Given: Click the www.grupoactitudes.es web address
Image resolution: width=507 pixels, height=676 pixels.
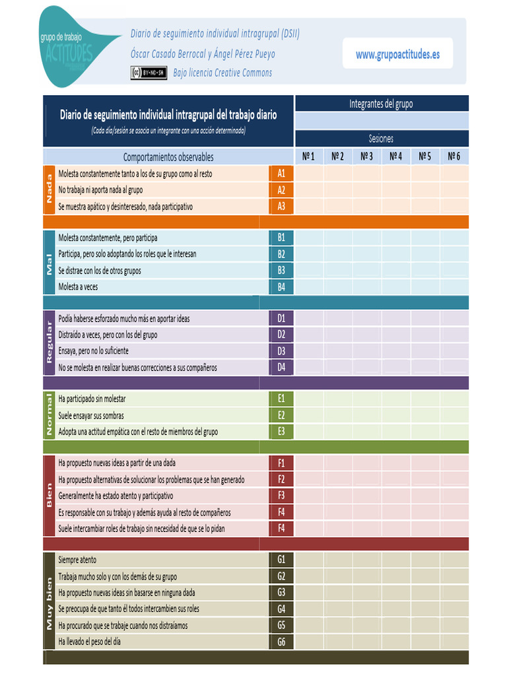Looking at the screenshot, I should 397,55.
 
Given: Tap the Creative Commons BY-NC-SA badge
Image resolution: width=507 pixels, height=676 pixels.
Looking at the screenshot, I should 149,73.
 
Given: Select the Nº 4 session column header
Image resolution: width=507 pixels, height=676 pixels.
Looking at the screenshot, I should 396,157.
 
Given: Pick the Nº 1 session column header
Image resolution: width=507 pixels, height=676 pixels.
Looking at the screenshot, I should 308,157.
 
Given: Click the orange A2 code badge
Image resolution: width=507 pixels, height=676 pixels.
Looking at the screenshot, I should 281,190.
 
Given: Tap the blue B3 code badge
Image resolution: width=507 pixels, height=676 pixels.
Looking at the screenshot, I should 281,270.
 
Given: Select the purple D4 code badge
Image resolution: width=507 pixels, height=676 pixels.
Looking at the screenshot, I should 281,367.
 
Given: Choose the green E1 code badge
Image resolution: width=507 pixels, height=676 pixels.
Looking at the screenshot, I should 281,399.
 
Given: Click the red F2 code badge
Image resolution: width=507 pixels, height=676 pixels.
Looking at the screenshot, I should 281,479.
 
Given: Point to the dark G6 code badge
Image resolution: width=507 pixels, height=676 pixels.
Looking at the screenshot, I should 281,641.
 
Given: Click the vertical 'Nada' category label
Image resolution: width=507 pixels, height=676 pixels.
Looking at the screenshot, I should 49,189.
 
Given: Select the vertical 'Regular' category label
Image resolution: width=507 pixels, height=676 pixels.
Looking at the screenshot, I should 49,343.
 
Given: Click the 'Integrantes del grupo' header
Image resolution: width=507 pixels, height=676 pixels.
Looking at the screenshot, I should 381,104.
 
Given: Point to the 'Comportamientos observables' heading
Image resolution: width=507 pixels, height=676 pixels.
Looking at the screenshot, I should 168,157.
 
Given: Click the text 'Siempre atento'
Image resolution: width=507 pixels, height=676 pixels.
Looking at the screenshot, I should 77,560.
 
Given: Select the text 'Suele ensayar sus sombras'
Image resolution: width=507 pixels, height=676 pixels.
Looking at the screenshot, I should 91,415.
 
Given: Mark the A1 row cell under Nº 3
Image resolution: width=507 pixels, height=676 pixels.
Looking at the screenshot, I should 366,174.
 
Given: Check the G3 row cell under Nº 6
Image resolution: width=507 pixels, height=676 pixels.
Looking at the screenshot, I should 454,592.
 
